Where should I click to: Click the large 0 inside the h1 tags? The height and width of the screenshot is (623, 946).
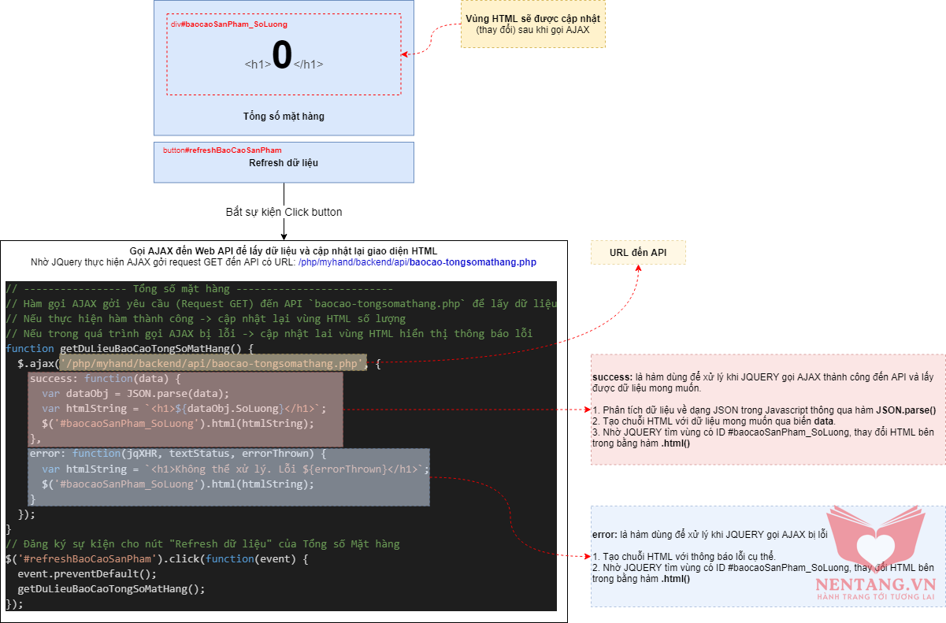click(x=282, y=56)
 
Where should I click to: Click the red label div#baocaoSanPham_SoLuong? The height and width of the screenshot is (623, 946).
click(x=228, y=24)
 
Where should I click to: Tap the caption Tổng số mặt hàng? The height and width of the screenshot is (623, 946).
click(x=284, y=117)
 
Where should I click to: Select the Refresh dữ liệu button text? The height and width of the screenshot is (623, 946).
click(x=284, y=163)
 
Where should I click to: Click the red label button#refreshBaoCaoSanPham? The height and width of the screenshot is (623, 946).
click(x=222, y=150)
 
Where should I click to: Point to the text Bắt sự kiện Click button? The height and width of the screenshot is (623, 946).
click(x=284, y=212)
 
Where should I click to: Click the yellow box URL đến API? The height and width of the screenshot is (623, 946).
click(x=638, y=253)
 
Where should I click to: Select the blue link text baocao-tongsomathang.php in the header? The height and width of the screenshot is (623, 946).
click(x=473, y=261)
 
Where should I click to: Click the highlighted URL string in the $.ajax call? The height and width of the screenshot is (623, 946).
click(x=213, y=363)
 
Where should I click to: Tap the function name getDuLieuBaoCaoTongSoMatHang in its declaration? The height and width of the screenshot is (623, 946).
click(x=143, y=348)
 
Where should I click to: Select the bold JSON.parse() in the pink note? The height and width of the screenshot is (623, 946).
click(x=906, y=410)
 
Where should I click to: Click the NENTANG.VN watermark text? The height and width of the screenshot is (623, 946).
click(x=864, y=584)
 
